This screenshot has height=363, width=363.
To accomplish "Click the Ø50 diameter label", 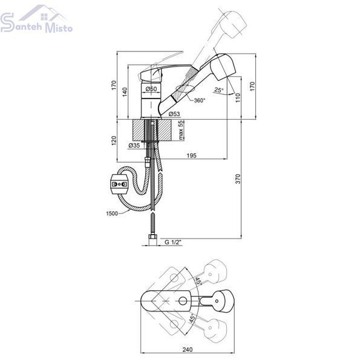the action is (151, 89).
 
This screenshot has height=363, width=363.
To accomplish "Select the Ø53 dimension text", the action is (174, 114).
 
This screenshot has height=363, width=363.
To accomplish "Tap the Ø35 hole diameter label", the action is (134, 145).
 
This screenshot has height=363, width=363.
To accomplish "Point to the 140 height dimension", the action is (125, 92).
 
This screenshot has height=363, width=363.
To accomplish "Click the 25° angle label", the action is (219, 90).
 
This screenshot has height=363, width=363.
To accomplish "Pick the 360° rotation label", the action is (200, 100).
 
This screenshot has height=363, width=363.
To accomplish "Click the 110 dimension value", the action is (238, 97).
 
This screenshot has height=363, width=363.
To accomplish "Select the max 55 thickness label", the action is (181, 130).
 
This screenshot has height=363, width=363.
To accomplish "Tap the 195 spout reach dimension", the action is (191, 155).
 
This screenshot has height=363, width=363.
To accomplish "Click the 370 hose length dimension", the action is (238, 178).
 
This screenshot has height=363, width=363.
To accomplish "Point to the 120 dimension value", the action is (114, 141).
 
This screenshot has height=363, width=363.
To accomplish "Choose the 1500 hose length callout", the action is (112, 213).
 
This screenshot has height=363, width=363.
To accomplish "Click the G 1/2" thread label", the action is (173, 242).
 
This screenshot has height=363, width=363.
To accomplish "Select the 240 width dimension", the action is (188, 349).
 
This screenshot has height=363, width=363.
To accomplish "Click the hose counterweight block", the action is (119, 185).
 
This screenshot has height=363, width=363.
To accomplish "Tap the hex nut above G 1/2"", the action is (153, 237).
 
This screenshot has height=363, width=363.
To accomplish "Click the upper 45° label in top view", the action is (198, 281).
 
